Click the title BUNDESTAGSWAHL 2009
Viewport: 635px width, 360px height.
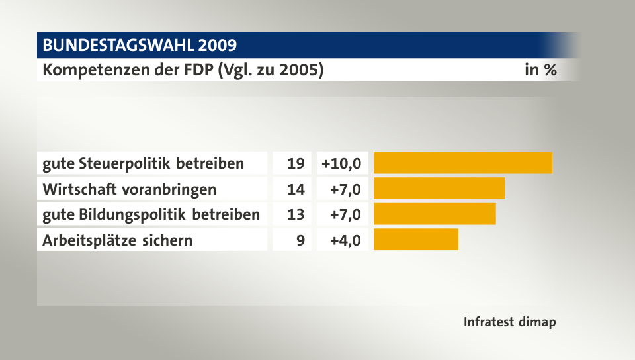click(139, 45)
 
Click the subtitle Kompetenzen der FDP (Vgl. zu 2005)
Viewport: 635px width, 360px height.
click(183, 69)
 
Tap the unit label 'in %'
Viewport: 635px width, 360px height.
click(540, 69)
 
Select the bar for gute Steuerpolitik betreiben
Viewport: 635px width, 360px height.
click(462, 163)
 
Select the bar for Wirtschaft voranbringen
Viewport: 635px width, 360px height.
click(439, 189)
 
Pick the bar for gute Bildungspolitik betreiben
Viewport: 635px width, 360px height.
click(435, 214)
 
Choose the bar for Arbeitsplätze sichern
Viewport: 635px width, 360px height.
click(415, 240)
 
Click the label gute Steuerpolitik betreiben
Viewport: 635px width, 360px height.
click(143, 163)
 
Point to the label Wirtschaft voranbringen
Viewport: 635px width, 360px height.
click(129, 189)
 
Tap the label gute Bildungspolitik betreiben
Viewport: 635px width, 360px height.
click(151, 214)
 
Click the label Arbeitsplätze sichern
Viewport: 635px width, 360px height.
click(117, 240)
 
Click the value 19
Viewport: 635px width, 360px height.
click(296, 163)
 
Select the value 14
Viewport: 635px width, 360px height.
click(296, 189)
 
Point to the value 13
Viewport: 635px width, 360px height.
click(296, 214)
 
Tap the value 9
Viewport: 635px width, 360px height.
click(300, 240)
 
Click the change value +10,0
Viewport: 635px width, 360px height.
click(341, 163)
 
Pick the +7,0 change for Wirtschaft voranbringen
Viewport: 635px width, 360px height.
click(346, 189)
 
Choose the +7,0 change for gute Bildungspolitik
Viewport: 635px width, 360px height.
click(346, 214)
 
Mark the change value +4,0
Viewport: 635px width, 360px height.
click(346, 240)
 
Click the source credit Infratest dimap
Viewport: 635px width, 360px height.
click(509, 322)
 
